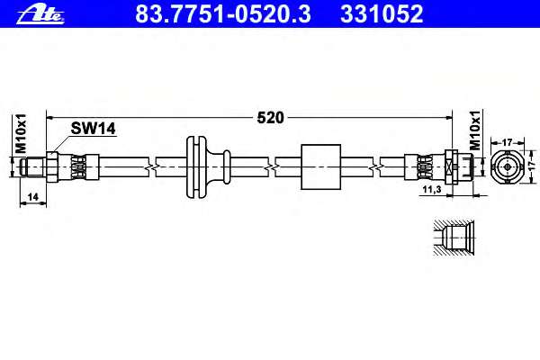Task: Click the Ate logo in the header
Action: [x=40, y=14]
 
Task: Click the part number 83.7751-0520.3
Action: [x=223, y=14]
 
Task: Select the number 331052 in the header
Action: [x=382, y=14]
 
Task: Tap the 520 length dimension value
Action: [x=270, y=118]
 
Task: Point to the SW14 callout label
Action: [x=93, y=129]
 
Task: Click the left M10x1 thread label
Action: [x=21, y=133]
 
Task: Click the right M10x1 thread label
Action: [x=475, y=130]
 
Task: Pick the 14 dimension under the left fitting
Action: [x=32, y=197]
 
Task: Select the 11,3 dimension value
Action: [x=432, y=189]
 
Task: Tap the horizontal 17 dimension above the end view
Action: [x=508, y=142]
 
